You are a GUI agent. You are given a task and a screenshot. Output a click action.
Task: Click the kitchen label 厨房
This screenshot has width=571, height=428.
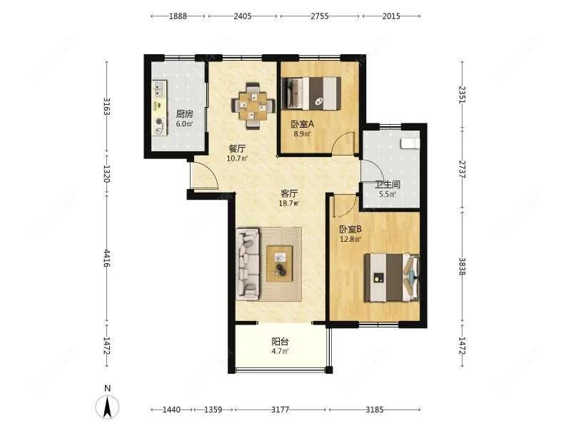tap(185, 114)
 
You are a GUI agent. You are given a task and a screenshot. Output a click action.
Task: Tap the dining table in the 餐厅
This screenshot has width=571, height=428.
tap(252, 106)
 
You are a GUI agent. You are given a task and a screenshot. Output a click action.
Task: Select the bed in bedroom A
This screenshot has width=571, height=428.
tap(311, 93)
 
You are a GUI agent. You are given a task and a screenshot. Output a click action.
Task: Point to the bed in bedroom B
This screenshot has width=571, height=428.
tap(392, 277)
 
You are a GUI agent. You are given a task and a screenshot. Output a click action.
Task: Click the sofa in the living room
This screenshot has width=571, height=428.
tap(248, 264)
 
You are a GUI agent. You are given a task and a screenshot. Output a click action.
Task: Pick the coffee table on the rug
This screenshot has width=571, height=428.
tap(280, 263)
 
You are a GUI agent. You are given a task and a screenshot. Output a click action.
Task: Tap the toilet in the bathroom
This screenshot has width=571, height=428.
tap(410, 143)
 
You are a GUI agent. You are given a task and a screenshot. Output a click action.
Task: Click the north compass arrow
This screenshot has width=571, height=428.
tap(107, 407)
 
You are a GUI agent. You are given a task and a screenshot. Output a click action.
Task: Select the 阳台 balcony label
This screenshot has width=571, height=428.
tap(280, 342)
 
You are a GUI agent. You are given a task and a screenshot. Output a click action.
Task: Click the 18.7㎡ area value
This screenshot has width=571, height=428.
tap(288, 203)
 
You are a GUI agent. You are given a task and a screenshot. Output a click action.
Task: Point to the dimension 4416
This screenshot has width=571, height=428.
tap(106, 258)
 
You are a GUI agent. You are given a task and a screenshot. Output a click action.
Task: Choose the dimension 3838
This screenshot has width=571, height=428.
tap(462, 266)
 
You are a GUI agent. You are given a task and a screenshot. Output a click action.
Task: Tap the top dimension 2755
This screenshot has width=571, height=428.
tap(319, 16)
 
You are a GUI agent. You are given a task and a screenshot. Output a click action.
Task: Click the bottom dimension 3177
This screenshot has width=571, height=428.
tap(280, 409)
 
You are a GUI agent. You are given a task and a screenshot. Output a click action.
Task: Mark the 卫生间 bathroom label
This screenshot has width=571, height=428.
tap(388, 184)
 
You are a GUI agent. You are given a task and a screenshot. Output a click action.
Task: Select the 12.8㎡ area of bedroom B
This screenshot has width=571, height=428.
tap(350, 239)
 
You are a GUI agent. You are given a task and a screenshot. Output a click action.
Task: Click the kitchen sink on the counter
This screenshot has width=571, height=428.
tap(158, 89)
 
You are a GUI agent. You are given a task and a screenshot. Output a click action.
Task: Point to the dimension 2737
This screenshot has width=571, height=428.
tap(462, 169)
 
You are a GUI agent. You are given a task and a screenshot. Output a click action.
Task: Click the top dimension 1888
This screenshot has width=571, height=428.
tap(178, 16)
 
